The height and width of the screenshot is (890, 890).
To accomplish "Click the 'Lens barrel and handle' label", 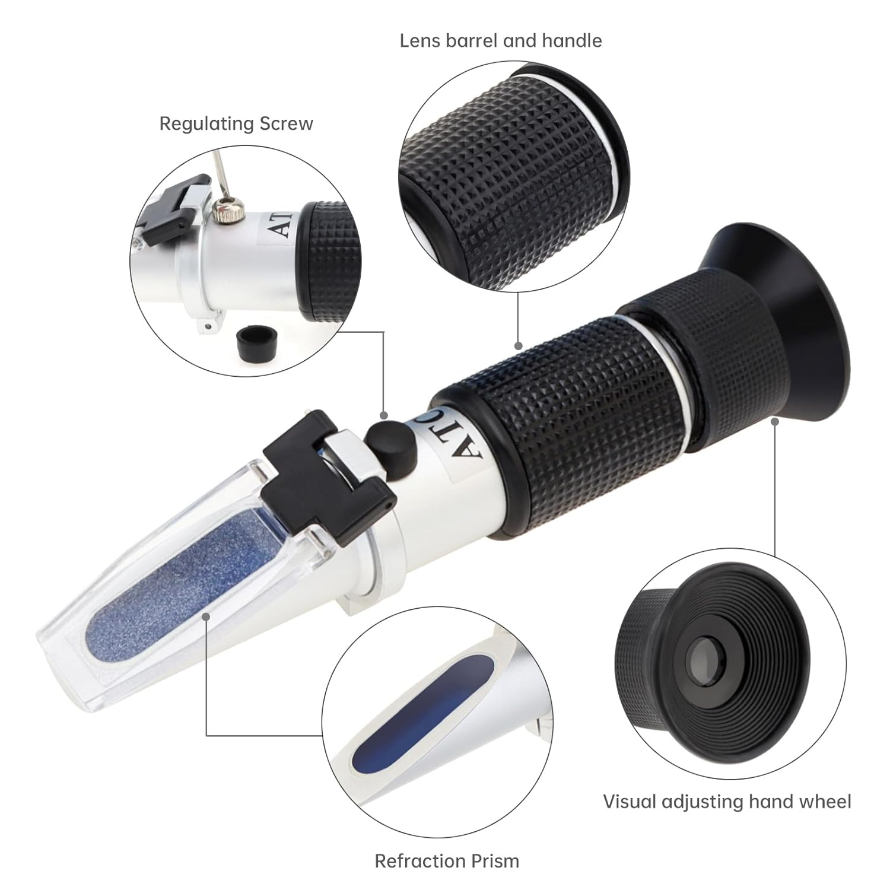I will (x=500, y=40).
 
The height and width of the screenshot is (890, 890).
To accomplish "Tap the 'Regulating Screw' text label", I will (x=236, y=123).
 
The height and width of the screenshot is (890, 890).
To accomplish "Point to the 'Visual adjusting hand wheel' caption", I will (x=727, y=802).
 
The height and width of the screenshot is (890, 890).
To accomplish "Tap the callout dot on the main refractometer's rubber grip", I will (x=518, y=345).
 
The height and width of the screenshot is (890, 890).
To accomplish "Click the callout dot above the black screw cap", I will (x=384, y=416).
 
